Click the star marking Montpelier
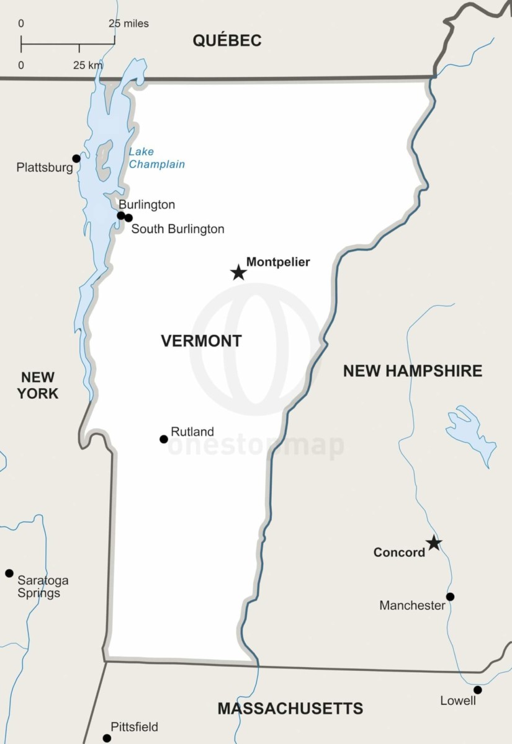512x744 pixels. pos(238,272)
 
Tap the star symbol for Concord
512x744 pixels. pos(434,544)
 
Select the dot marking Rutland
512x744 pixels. pos(164,439)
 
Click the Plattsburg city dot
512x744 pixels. pos(76,159)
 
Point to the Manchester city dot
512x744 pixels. pos(450,596)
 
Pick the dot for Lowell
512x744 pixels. pos(477,690)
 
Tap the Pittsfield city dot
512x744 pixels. pos(107,738)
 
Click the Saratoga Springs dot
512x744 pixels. pos(9,573)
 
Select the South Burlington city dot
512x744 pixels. pos(128,218)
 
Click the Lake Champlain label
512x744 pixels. pos(156,158)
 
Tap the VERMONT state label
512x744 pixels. pos(201,340)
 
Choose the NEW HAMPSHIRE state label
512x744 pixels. pos(412,371)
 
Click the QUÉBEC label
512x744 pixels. pos(227,41)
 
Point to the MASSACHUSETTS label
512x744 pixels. pos(290,708)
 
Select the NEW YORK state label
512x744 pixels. pos(37,385)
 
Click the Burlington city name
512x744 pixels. pos(146,205)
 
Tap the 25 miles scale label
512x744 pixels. pos(128,24)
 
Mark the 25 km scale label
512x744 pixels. pos(88,65)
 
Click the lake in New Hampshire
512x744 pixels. pos(469,431)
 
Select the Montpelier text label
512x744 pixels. pos(278,262)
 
